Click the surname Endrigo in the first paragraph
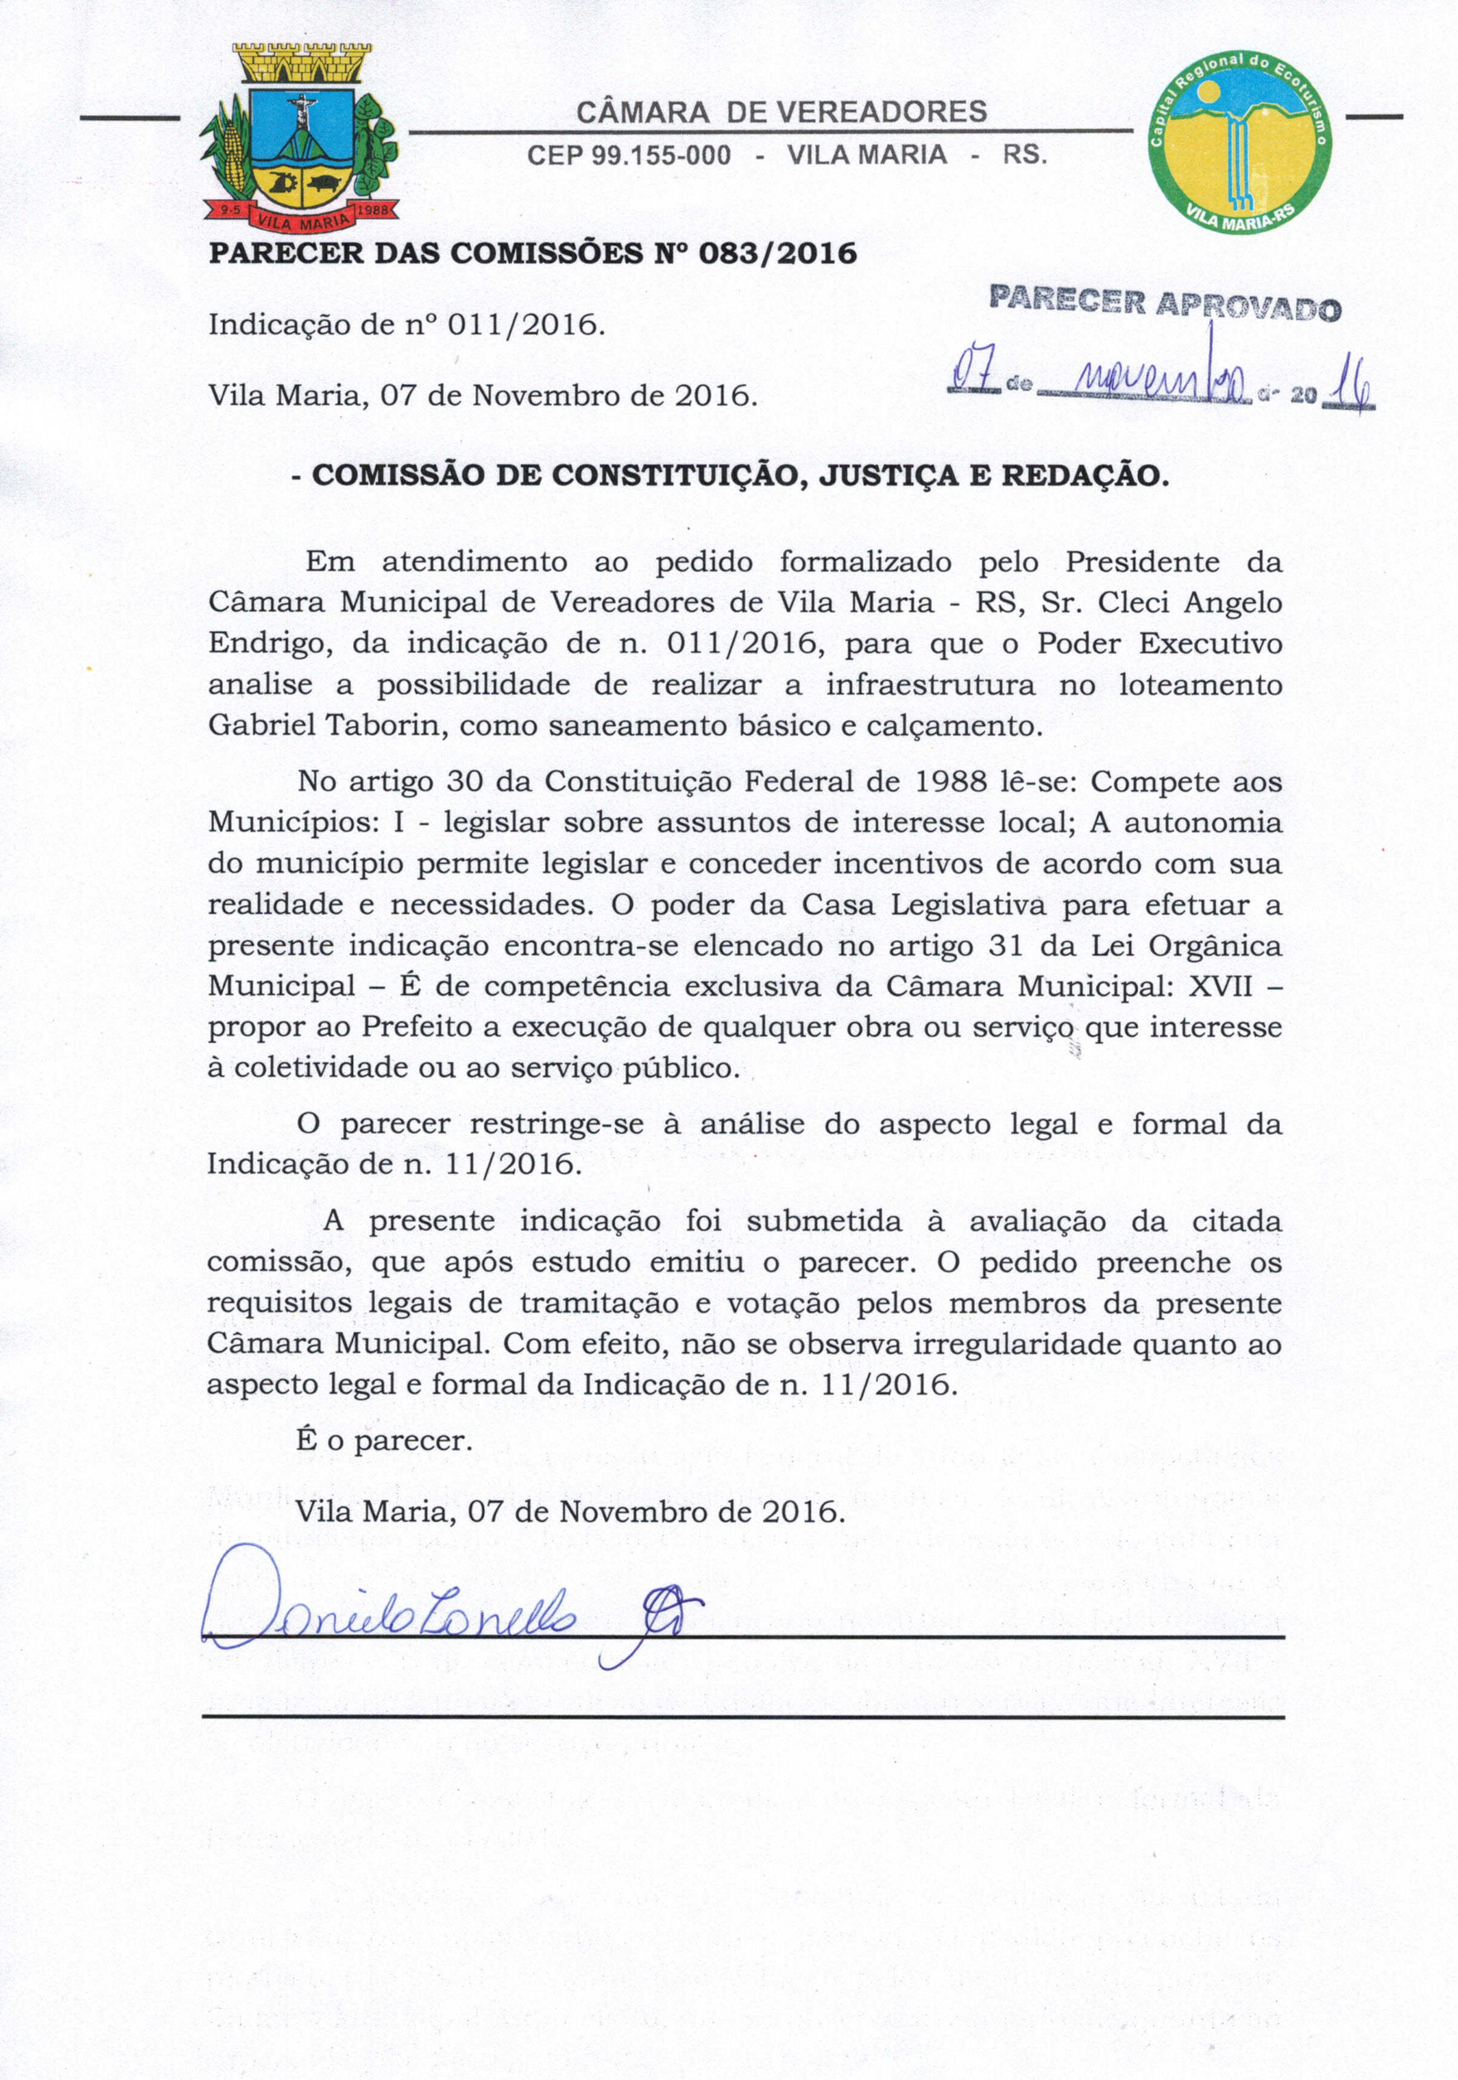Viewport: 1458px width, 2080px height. [263, 644]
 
